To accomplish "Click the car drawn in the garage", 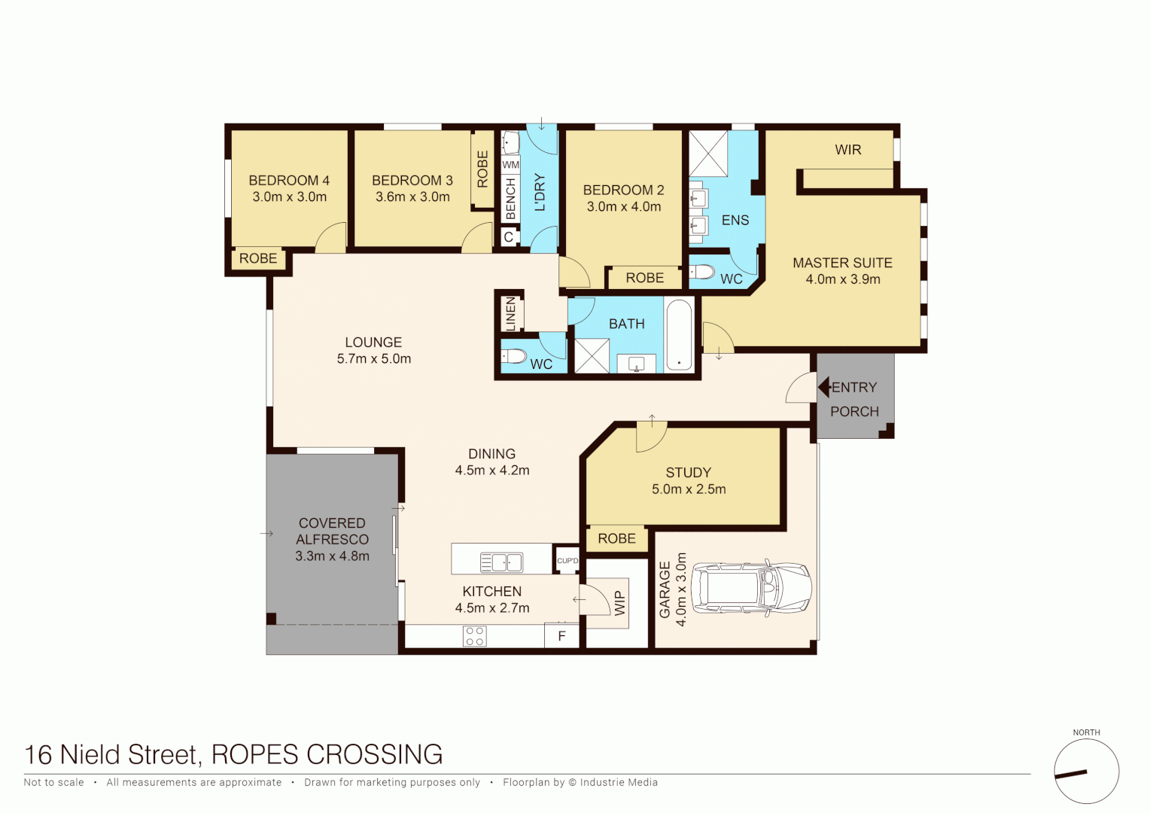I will [x=751, y=588].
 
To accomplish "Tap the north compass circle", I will [x=1086, y=772].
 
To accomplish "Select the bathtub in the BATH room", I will [x=679, y=335].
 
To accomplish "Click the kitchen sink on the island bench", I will [x=501, y=562].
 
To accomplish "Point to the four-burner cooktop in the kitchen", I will [x=475, y=636].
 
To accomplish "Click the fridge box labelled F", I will [x=561, y=636].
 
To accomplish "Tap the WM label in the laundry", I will [x=511, y=165].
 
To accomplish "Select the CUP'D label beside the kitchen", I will [x=567, y=561].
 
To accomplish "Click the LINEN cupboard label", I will [x=511, y=313].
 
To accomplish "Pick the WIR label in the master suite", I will [x=847, y=150].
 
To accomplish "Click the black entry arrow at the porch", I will [x=824, y=388].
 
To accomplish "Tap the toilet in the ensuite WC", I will [x=702, y=272].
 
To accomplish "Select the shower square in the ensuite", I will [x=709, y=154].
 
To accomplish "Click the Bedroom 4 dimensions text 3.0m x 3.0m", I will [x=290, y=197].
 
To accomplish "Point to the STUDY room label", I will [x=688, y=473].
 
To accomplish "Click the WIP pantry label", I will [x=620, y=603].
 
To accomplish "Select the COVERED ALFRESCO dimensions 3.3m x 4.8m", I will [x=332, y=556].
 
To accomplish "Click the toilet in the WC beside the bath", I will [x=515, y=355].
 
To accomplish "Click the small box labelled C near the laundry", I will [x=509, y=237].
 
